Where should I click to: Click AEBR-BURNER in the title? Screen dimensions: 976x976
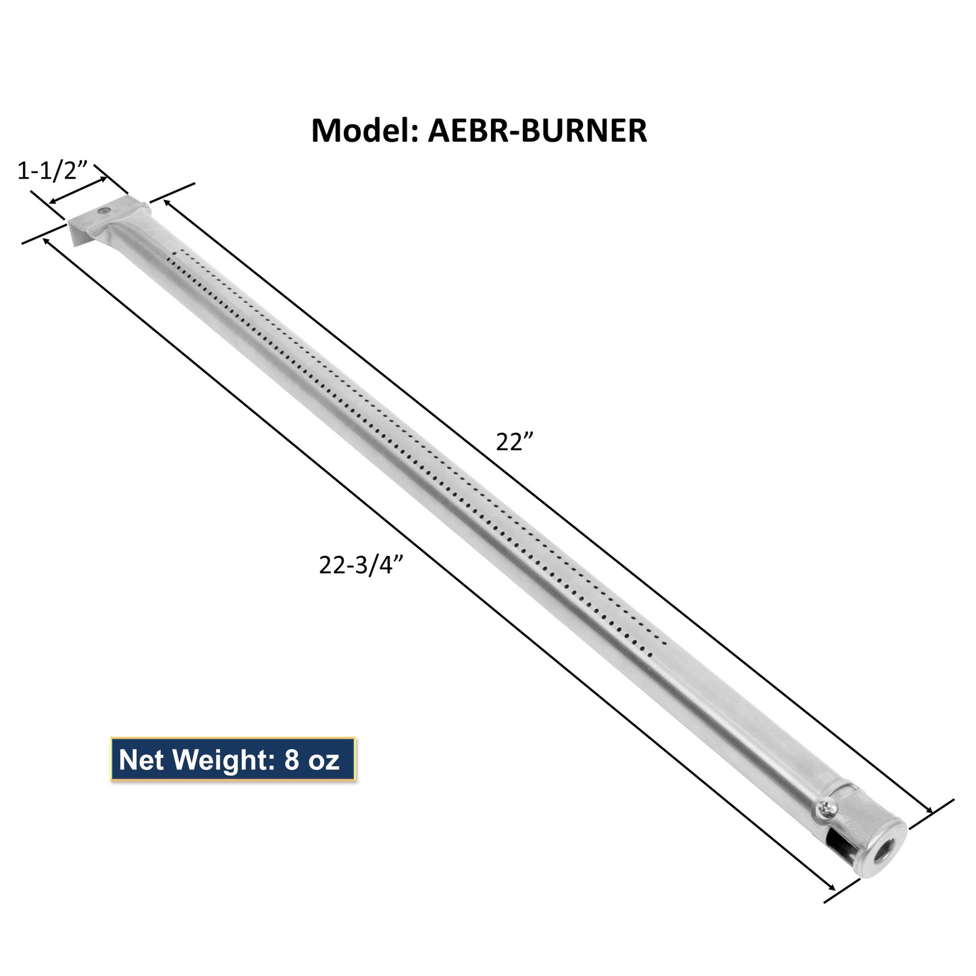tap(538, 131)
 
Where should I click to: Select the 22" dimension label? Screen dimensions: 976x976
tap(515, 442)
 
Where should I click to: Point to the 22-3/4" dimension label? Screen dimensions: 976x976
tap(365, 565)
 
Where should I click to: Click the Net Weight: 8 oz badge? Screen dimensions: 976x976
tap(232, 760)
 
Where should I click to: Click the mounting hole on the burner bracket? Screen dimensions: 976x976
tap(104, 211)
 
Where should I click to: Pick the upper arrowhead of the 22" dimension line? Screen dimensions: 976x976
tap(164, 202)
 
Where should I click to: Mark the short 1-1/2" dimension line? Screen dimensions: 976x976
tap(78, 190)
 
